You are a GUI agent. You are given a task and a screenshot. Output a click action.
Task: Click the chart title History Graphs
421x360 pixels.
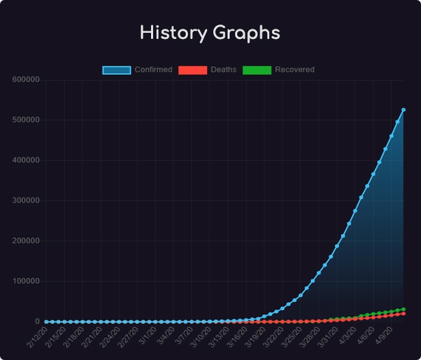(210, 33)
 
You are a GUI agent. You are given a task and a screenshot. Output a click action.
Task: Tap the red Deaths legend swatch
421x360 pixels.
(192, 70)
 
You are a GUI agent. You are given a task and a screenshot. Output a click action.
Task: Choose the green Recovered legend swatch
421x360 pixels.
(257, 70)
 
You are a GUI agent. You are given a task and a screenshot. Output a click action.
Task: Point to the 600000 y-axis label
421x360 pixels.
(26, 80)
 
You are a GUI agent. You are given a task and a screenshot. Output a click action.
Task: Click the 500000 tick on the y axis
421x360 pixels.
(26, 120)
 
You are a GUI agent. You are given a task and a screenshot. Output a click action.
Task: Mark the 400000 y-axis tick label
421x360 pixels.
(26, 161)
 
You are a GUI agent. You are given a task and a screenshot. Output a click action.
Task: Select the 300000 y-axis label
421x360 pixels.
(26, 201)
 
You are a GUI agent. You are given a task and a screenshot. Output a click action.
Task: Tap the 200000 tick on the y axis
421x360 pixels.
(26, 241)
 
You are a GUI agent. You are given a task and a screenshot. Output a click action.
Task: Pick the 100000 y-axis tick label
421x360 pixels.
(26, 281)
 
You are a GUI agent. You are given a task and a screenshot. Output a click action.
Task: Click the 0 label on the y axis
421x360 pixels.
(38, 322)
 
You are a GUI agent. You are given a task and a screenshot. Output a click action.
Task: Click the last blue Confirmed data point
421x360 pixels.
(403, 109)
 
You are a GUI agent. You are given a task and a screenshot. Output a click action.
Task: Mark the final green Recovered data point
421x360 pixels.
(403, 309)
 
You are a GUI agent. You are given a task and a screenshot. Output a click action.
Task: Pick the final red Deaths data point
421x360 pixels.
(403, 314)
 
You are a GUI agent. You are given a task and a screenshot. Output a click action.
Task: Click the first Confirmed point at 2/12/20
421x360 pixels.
(46, 322)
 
